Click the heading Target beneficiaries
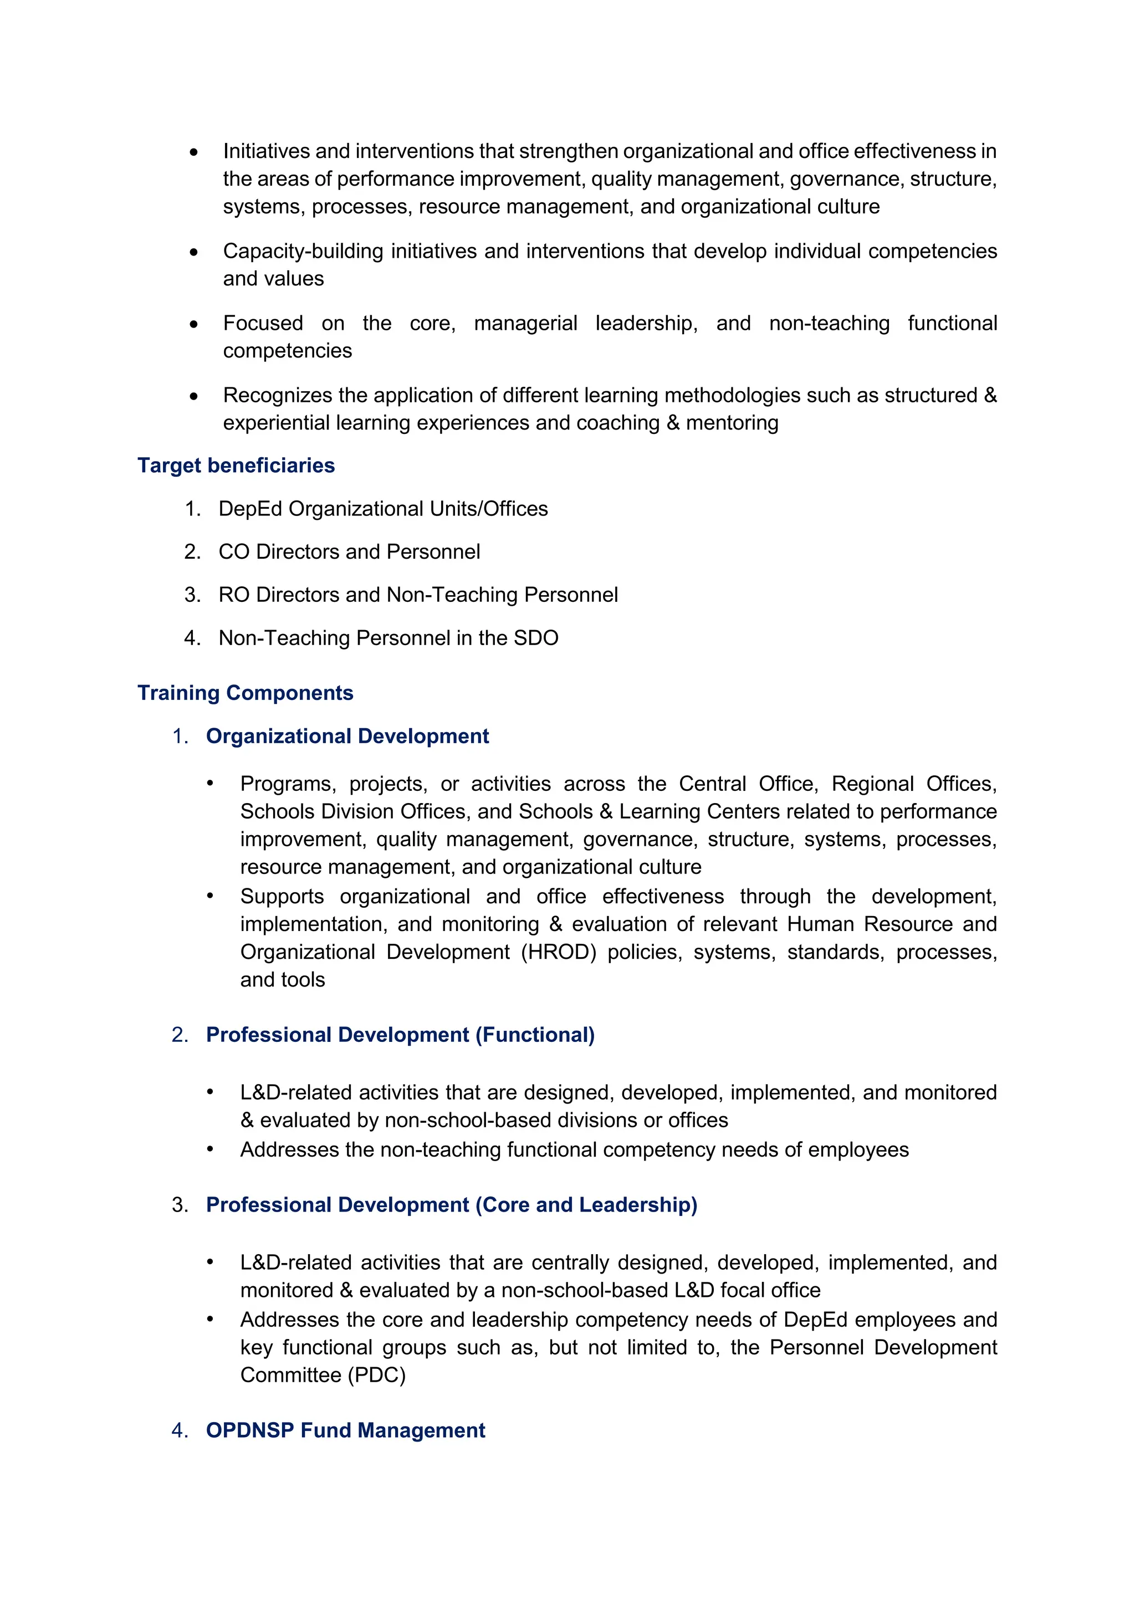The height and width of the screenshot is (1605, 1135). [x=236, y=466]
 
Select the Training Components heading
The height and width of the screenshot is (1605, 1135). [x=246, y=693]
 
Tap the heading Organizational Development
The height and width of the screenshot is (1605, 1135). [x=347, y=736]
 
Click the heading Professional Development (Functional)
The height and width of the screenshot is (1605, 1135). [x=400, y=1035]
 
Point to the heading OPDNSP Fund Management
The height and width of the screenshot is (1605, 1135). [x=345, y=1430]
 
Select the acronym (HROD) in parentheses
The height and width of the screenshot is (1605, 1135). [x=559, y=952]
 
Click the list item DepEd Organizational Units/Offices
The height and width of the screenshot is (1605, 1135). [x=383, y=509]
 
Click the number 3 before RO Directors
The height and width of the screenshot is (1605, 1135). [x=192, y=595]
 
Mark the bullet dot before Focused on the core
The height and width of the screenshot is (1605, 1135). [x=193, y=324]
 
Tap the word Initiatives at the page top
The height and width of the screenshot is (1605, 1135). [x=265, y=151]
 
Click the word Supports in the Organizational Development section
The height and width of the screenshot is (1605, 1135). [x=282, y=896]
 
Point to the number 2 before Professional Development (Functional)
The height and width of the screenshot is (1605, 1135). [x=179, y=1035]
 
